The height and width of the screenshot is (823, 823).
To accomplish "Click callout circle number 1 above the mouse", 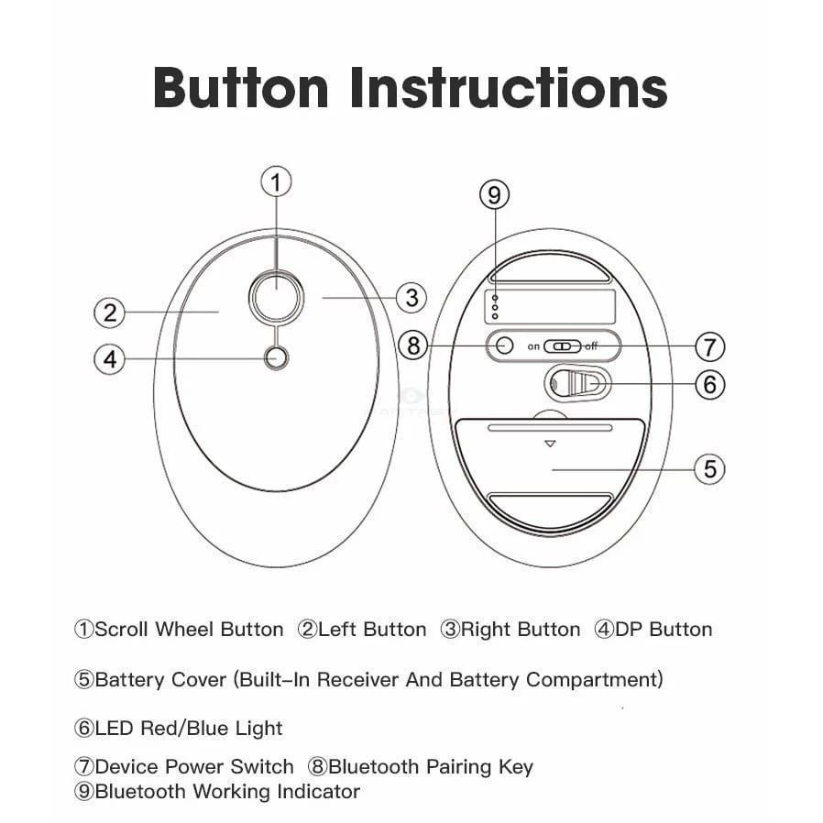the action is (276, 182).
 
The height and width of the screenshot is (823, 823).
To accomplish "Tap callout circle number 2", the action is (110, 313).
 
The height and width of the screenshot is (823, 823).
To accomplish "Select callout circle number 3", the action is (411, 298).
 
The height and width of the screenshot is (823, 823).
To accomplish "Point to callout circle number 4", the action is (110, 359).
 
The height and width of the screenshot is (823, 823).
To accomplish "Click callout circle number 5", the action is (709, 468).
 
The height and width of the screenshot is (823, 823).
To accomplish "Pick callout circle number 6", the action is (709, 384).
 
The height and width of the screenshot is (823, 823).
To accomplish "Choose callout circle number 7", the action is (709, 346).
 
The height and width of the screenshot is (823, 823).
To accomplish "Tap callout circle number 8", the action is (413, 346).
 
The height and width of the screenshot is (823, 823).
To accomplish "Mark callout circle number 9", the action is (494, 194).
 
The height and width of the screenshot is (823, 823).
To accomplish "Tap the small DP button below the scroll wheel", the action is (276, 358).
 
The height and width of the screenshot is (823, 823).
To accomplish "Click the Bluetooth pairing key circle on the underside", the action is (504, 346).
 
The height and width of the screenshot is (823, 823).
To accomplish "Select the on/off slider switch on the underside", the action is (562, 346).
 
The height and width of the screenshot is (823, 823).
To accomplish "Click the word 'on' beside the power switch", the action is (533, 346).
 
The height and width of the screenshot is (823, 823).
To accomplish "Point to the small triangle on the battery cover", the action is (550, 444).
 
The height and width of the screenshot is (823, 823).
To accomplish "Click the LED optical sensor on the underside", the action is (577, 384).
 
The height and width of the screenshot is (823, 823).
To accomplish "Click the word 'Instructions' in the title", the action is (508, 88).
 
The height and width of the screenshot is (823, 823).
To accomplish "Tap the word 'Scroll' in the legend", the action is (121, 630).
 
